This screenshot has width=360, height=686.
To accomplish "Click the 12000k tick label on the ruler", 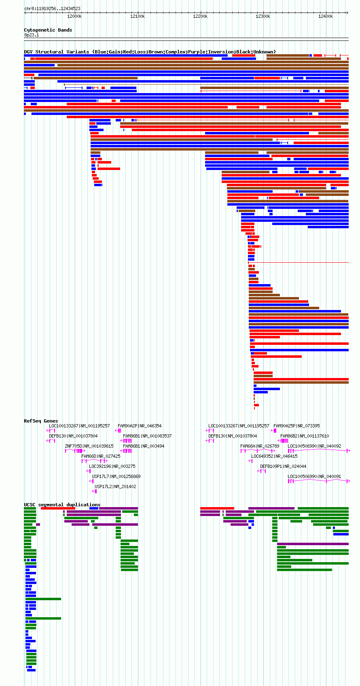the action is [x=74, y=16].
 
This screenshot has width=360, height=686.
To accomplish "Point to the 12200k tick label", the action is [x=200, y=16].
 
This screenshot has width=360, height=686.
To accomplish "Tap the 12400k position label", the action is [x=326, y=16].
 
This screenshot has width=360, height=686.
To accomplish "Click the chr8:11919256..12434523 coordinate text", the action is [x=52, y=8].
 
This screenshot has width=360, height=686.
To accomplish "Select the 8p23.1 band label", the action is [x=32, y=35].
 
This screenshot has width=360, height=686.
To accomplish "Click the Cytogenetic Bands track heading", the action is [x=48, y=30].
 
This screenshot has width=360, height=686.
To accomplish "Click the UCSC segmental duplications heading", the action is [x=62, y=504].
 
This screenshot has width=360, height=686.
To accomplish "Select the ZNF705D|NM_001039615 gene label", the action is [x=89, y=446].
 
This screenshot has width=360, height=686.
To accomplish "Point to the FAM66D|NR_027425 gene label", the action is [x=101, y=456].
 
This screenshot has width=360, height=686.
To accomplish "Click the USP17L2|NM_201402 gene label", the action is [x=115, y=486].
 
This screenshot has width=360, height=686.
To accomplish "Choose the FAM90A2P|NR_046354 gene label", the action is [x=140, y=426].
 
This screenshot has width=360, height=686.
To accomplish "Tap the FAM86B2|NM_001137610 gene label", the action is [x=305, y=436].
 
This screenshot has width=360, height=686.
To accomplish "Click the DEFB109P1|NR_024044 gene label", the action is [x=283, y=466].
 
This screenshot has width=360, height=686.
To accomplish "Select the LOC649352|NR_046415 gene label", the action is [x=274, y=456].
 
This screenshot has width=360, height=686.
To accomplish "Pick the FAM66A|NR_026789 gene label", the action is [x=260, y=446].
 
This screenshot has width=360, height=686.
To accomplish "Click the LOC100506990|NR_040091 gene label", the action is [x=314, y=476].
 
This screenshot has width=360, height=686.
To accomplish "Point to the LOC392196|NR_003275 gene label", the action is [x=112, y=466].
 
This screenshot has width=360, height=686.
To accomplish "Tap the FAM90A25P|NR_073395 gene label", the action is [x=296, y=426].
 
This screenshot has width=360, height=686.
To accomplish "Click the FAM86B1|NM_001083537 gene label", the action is [x=147, y=436].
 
